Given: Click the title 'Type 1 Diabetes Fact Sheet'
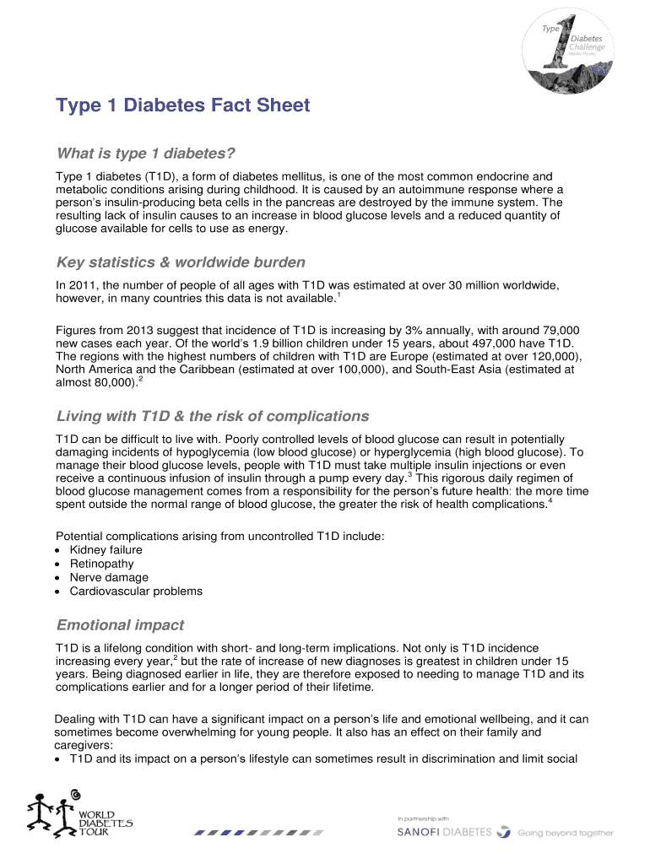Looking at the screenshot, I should [x=182, y=106].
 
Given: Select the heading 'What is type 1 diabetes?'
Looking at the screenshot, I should [x=144, y=154].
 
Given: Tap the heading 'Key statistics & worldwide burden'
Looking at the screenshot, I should [x=181, y=262].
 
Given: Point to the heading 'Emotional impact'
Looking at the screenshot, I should [x=120, y=625].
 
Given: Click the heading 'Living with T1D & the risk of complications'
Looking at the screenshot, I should [x=212, y=416].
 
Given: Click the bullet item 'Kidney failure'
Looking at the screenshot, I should [x=106, y=550].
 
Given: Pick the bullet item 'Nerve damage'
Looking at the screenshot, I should [x=109, y=577].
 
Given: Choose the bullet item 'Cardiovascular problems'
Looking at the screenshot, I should [x=136, y=591].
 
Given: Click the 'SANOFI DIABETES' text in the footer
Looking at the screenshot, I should [x=444, y=832].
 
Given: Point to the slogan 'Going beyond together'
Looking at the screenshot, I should [x=566, y=833].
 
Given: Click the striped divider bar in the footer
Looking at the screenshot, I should [x=258, y=832].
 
